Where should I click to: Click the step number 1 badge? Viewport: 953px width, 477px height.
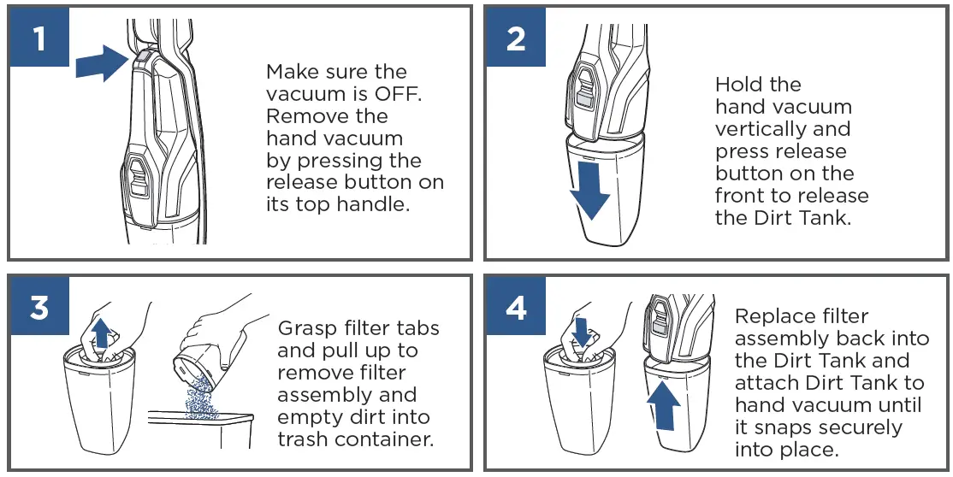[x=39, y=37]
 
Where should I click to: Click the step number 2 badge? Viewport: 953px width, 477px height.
[x=515, y=37]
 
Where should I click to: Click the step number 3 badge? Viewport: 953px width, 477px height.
[x=39, y=306]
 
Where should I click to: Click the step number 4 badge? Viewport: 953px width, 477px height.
[x=515, y=306]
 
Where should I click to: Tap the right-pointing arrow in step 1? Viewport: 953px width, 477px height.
[x=102, y=63]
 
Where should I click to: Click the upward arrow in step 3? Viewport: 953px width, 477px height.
[x=102, y=333]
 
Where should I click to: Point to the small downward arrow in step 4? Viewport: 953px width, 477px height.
[x=582, y=332]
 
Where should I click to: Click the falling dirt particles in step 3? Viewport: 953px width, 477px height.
[x=201, y=396]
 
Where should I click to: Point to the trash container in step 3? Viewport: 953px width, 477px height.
[x=200, y=433]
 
